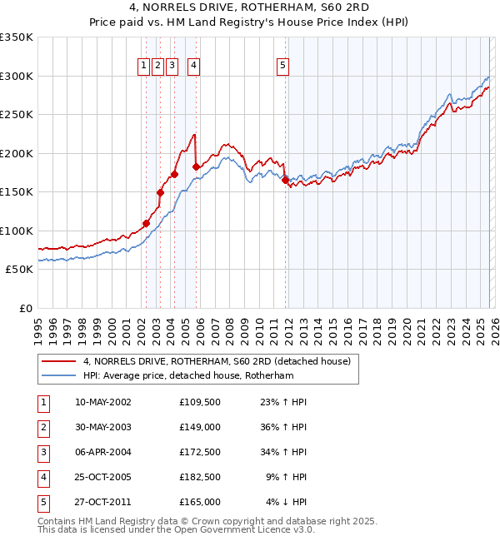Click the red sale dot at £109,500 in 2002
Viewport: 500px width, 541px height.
click(146, 223)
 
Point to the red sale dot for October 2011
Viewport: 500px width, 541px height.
click(285, 180)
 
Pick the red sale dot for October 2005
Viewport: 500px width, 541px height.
click(197, 166)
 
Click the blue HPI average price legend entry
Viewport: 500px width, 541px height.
click(200, 375)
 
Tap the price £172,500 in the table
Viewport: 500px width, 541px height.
click(199, 452)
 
